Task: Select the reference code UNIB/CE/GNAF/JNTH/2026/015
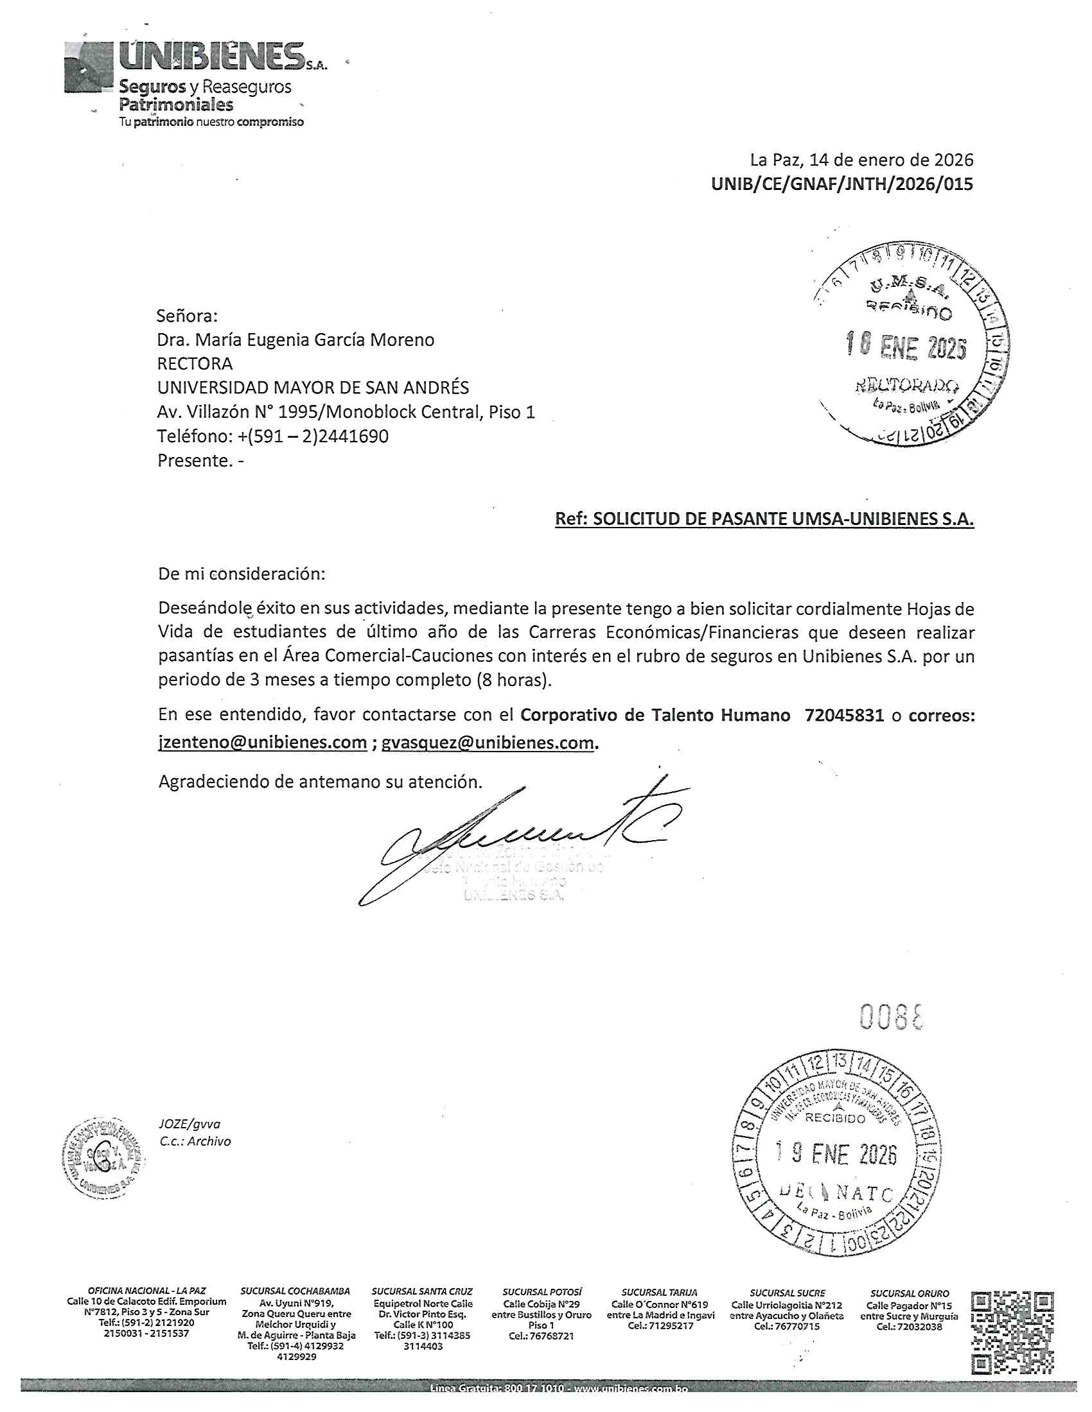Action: pos(841,184)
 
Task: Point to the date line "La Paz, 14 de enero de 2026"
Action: pos(861,160)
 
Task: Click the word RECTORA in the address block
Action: pos(195,363)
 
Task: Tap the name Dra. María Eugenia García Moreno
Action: pos(295,340)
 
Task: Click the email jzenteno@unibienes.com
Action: pos(263,742)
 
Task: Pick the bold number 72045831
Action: pos(843,715)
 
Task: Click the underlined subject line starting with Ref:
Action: pos(764,519)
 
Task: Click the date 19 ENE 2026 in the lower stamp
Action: pos(836,1154)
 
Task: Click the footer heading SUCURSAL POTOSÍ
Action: pos(542,1293)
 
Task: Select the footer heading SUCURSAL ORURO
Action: pos(909,1293)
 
